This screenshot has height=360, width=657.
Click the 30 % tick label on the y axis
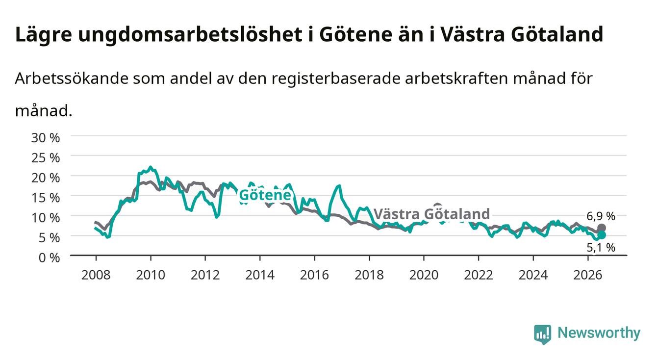[x=46, y=138]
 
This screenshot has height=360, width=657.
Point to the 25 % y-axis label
[x=46, y=158]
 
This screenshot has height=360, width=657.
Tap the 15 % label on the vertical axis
[x=46, y=198]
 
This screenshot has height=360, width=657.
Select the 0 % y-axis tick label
[x=49, y=257]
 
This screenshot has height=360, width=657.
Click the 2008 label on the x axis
[x=96, y=275]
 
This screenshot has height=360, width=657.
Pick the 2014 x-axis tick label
[x=260, y=275]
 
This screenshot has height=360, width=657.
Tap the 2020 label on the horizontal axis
[x=424, y=275]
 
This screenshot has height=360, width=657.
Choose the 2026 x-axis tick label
[x=588, y=275]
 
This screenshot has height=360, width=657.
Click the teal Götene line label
[x=265, y=195]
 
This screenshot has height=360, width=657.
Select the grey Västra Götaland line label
[x=432, y=214]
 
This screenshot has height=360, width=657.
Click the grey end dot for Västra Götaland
[x=602, y=228]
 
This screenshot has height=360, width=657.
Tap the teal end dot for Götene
[x=602, y=235]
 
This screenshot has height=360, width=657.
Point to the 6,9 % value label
[x=601, y=216]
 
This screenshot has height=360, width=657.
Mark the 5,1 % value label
[x=601, y=248]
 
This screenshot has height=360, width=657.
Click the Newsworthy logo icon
[x=543, y=334]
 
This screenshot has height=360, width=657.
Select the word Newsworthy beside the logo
[x=599, y=333]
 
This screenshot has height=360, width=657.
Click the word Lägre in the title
[x=44, y=35]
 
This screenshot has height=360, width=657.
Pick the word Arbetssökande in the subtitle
[x=72, y=78]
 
